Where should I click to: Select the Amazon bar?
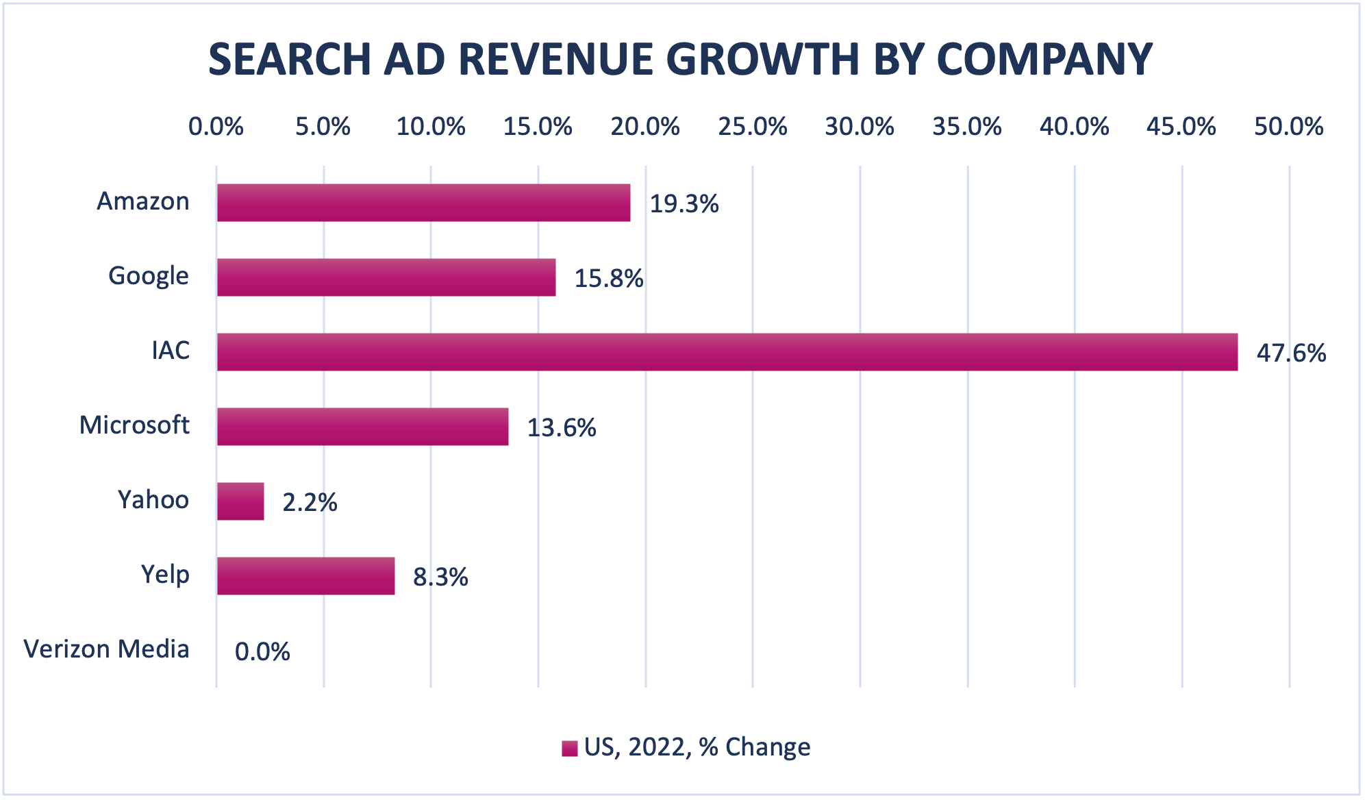[x=423, y=203]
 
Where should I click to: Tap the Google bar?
[x=386, y=277]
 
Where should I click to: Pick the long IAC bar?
[x=727, y=352]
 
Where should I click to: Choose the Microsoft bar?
[x=362, y=427]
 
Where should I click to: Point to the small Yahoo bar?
[x=240, y=501]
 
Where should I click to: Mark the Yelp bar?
[x=305, y=576]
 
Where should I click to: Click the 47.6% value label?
[x=1291, y=353]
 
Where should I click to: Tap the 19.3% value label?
[x=684, y=204]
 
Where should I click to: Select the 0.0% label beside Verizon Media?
[x=262, y=651]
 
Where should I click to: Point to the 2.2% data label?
[x=310, y=503]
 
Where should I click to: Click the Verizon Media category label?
[x=107, y=649]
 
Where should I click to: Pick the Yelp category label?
[x=165, y=575]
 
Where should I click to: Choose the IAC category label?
[x=171, y=351]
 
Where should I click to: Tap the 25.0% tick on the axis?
[x=752, y=127]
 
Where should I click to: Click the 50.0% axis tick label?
[x=1288, y=127]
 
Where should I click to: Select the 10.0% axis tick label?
[x=431, y=127]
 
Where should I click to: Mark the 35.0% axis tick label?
[x=966, y=127]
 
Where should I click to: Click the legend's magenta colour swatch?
[x=569, y=749]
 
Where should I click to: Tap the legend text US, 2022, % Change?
[x=697, y=747]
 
